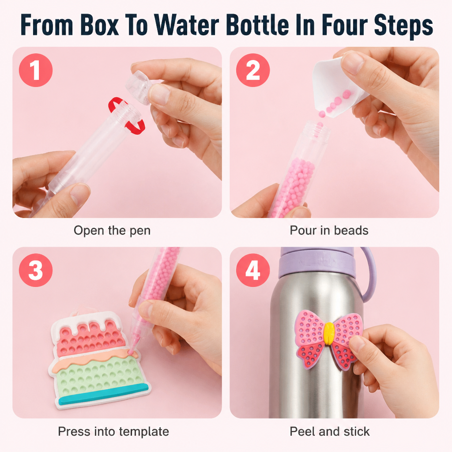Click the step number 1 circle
36,70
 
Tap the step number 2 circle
253,70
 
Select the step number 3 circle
36,270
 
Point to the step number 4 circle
253,270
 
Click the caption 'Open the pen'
112,230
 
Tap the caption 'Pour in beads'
329,230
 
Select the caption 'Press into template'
113,432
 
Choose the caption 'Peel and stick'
329,432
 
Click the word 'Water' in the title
187,25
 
